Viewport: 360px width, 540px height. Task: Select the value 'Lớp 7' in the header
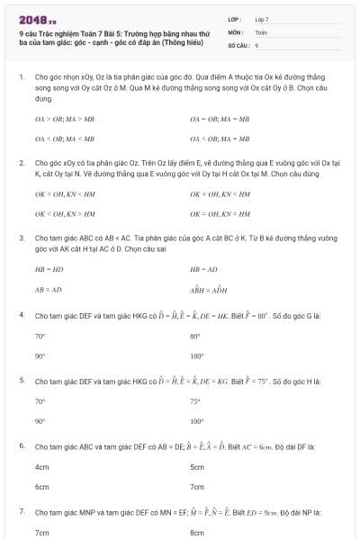tap(262, 19)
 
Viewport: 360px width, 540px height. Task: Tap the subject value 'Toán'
tap(261, 31)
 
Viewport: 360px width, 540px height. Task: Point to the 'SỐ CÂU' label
tap(238, 44)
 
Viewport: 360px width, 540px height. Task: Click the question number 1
tap(22, 78)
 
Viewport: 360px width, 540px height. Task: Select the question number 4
tap(22, 315)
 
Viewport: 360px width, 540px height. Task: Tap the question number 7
tap(22, 511)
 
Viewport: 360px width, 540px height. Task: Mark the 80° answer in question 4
tap(195, 336)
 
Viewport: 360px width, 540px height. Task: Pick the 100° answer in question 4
tap(196, 355)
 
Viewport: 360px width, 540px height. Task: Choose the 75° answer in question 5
tap(195, 400)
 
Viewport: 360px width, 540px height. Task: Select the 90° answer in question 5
tap(40, 420)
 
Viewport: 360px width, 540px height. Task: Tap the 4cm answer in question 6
tap(41, 467)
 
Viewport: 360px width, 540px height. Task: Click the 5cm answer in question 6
tap(197, 467)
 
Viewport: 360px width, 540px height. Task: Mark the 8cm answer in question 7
tap(197, 532)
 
